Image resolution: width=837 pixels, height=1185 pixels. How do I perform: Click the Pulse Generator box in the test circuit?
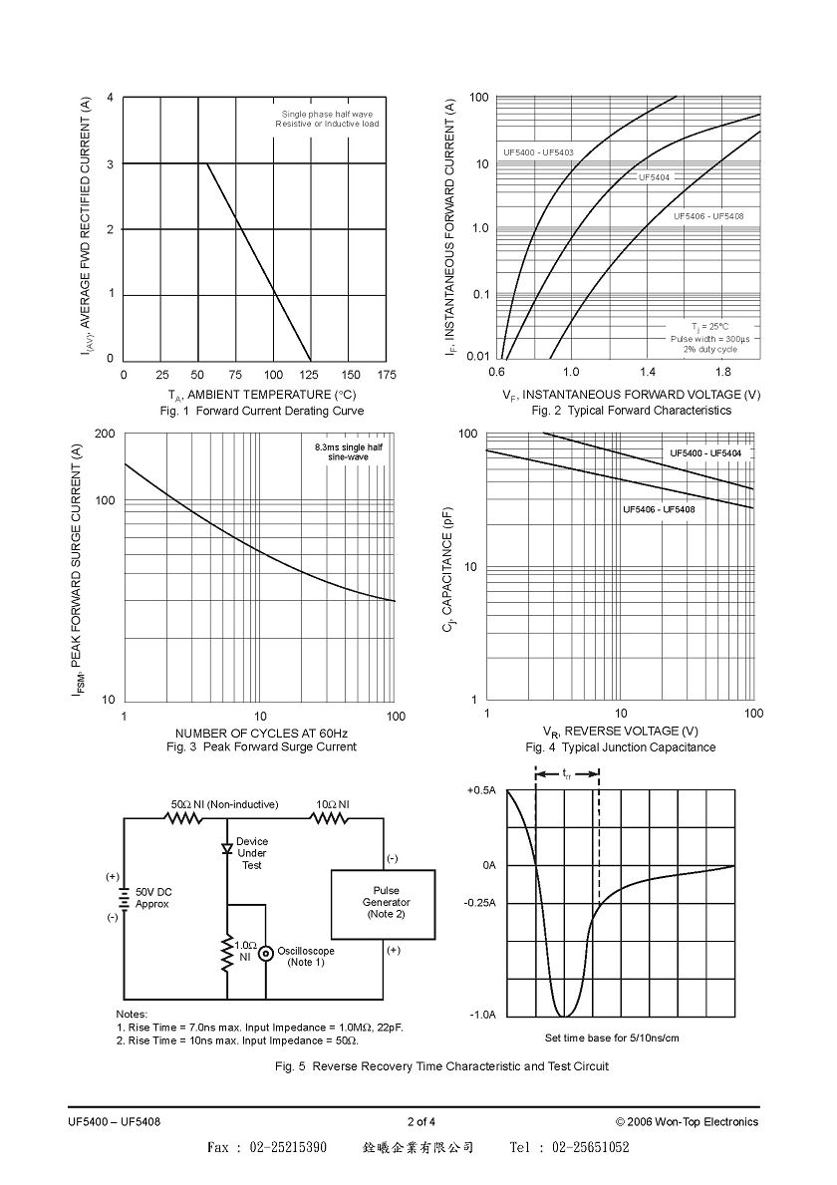pyautogui.click(x=383, y=904)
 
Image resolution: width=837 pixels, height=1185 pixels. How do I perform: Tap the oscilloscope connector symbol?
pyautogui.click(x=266, y=955)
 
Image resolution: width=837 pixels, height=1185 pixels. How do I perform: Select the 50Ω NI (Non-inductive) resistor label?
pyautogui.click(x=224, y=804)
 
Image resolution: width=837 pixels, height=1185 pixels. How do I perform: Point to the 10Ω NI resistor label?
pyautogui.click(x=333, y=804)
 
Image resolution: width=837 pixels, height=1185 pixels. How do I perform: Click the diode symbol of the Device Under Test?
pyautogui.click(x=227, y=849)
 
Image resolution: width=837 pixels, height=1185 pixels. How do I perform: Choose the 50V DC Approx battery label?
pyautogui.click(x=152, y=898)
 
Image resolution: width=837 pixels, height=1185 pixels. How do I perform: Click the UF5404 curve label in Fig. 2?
pyautogui.click(x=655, y=176)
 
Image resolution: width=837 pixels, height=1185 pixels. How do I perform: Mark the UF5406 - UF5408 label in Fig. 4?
pyautogui.click(x=659, y=509)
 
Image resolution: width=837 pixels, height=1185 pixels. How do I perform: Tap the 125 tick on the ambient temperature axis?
pyautogui.click(x=311, y=375)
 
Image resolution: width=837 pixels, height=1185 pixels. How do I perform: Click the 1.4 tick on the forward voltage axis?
pyautogui.click(x=648, y=372)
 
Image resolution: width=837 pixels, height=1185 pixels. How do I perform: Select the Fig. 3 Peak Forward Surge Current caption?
pyautogui.click(x=261, y=746)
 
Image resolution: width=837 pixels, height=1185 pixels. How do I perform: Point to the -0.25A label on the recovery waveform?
pyautogui.click(x=480, y=903)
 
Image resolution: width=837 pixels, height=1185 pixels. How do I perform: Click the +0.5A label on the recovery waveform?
pyautogui.click(x=481, y=790)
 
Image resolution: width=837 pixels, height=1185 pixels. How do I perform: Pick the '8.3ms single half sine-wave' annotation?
pyautogui.click(x=348, y=451)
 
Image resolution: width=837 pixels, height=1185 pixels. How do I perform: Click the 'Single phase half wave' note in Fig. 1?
pyautogui.click(x=327, y=115)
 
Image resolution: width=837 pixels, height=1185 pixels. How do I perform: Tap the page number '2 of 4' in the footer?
pyautogui.click(x=420, y=1121)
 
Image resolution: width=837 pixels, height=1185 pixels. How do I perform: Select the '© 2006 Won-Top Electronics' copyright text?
pyautogui.click(x=687, y=1121)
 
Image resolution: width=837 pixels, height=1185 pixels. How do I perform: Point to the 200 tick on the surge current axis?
pyautogui.click(x=105, y=434)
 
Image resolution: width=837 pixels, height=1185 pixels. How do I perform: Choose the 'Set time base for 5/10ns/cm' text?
pyautogui.click(x=612, y=1037)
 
